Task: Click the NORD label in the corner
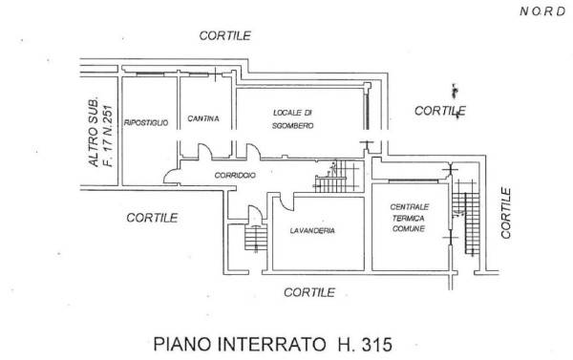(x=542, y=11)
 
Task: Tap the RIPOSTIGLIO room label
(x=146, y=122)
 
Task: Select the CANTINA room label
(x=203, y=118)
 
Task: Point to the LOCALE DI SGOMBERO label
(x=293, y=119)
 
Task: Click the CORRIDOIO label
(x=235, y=176)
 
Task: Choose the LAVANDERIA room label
(x=312, y=231)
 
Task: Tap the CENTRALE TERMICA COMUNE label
(x=409, y=218)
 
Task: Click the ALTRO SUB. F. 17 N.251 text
(x=101, y=133)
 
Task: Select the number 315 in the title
(x=377, y=345)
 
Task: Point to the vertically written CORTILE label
(x=506, y=213)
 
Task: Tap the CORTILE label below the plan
(x=309, y=292)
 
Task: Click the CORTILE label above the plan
(x=224, y=35)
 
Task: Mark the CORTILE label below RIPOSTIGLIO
(x=152, y=218)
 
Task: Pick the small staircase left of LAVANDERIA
(x=255, y=238)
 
